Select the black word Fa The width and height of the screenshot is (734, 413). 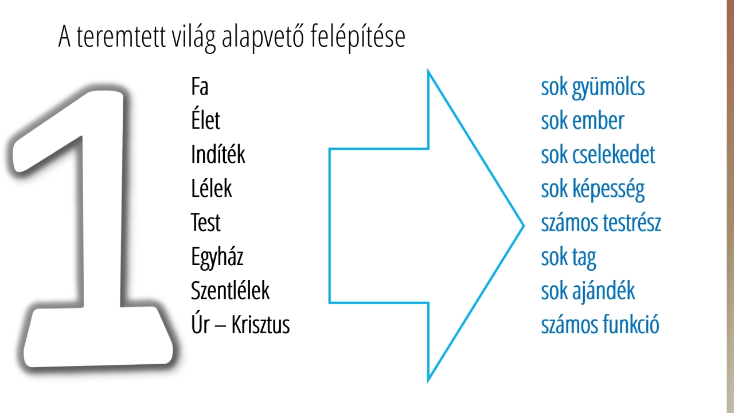(x=199, y=87)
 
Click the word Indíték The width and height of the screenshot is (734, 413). (x=218, y=154)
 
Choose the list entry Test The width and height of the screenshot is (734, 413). (x=205, y=222)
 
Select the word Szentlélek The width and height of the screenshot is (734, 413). (x=230, y=290)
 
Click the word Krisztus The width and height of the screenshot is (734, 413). (x=260, y=325)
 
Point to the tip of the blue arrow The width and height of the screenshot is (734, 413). (x=524, y=225)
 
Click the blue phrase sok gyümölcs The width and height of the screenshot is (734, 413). (x=593, y=88)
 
